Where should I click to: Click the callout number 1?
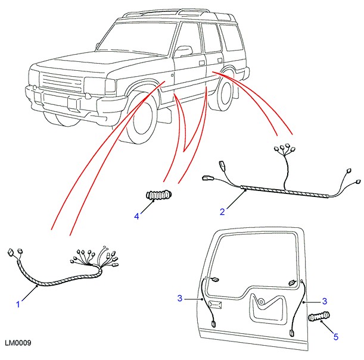click(18, 305)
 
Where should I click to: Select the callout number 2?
click(222, 211)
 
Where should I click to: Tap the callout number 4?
click(136, 217)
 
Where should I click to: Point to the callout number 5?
click(336, 337)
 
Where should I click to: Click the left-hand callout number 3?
click(179, 299)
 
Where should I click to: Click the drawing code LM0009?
click(18, 344)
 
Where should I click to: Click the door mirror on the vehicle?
click(183, 51)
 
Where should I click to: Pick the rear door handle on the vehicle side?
click(203, 62)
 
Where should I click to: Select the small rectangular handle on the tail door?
click(216, 305)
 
